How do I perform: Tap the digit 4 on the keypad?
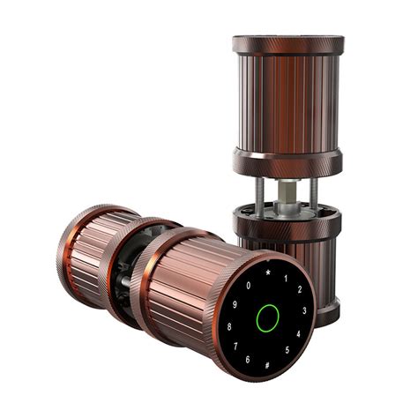299,334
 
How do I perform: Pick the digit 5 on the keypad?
284,352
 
